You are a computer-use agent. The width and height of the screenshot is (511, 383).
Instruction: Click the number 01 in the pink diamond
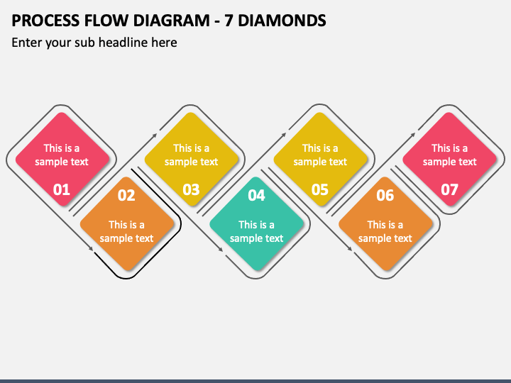point(62,189)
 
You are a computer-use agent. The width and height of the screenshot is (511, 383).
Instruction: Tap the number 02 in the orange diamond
point(126,195)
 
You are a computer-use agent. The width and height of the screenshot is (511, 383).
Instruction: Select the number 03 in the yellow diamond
point(191,189)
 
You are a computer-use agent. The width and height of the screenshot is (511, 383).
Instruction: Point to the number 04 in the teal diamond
point(256,195)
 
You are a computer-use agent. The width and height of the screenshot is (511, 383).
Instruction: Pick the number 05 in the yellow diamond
point(319,189)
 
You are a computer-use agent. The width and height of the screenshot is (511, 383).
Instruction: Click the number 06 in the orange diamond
point(385,195)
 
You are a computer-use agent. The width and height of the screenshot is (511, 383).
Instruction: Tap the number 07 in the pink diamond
point(449,189)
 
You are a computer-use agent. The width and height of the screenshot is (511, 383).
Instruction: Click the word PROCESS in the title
point(45,21)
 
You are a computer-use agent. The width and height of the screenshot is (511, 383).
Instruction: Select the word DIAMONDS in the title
point(282,21)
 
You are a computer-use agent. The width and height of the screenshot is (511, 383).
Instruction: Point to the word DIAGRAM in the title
point(172,21)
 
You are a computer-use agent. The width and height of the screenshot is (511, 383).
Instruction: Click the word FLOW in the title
point(106,21)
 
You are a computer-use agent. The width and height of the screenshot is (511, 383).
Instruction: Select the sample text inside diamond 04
point(256,231)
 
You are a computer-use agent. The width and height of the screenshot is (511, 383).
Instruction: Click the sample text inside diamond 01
point(62,155)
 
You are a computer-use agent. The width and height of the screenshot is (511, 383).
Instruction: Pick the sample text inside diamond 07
point(449,155)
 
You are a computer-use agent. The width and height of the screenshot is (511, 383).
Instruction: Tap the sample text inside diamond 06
point(385,231)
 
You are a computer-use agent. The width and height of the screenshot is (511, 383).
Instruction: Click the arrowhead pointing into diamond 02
point(91,249)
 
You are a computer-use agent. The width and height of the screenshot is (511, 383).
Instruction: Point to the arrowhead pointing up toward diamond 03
point(155,135)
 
